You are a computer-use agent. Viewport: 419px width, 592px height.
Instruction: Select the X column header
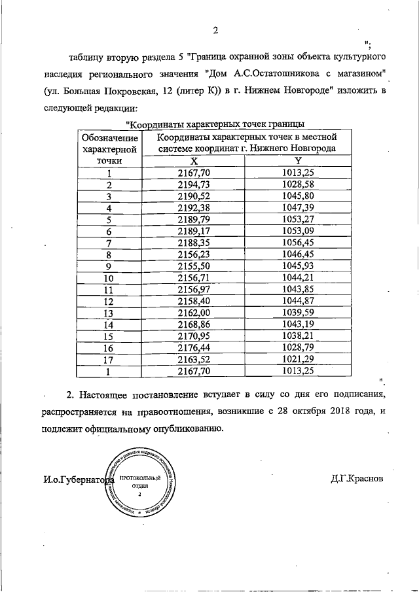pos(194,160)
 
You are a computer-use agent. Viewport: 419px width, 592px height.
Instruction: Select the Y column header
pos(298,160)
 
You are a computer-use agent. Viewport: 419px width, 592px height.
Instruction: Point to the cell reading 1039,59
pos(298,313)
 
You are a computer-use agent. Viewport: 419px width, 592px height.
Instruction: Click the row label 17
pos(109,360)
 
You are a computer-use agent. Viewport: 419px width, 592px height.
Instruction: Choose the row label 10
pos(109,278)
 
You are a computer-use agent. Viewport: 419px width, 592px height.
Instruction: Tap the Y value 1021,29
pos(298,360)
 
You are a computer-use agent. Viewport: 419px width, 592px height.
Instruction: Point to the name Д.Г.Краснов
pos(357,478)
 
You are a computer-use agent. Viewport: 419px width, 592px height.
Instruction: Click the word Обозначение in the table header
pos(109,138)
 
